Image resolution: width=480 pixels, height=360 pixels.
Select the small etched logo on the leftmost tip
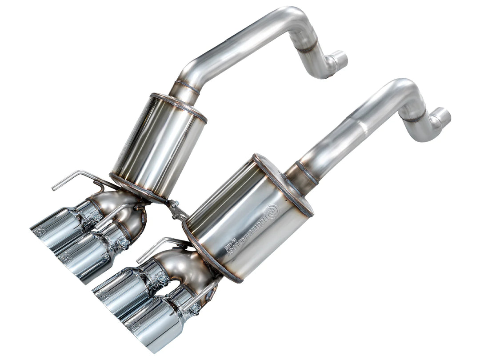click(39, 231)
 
